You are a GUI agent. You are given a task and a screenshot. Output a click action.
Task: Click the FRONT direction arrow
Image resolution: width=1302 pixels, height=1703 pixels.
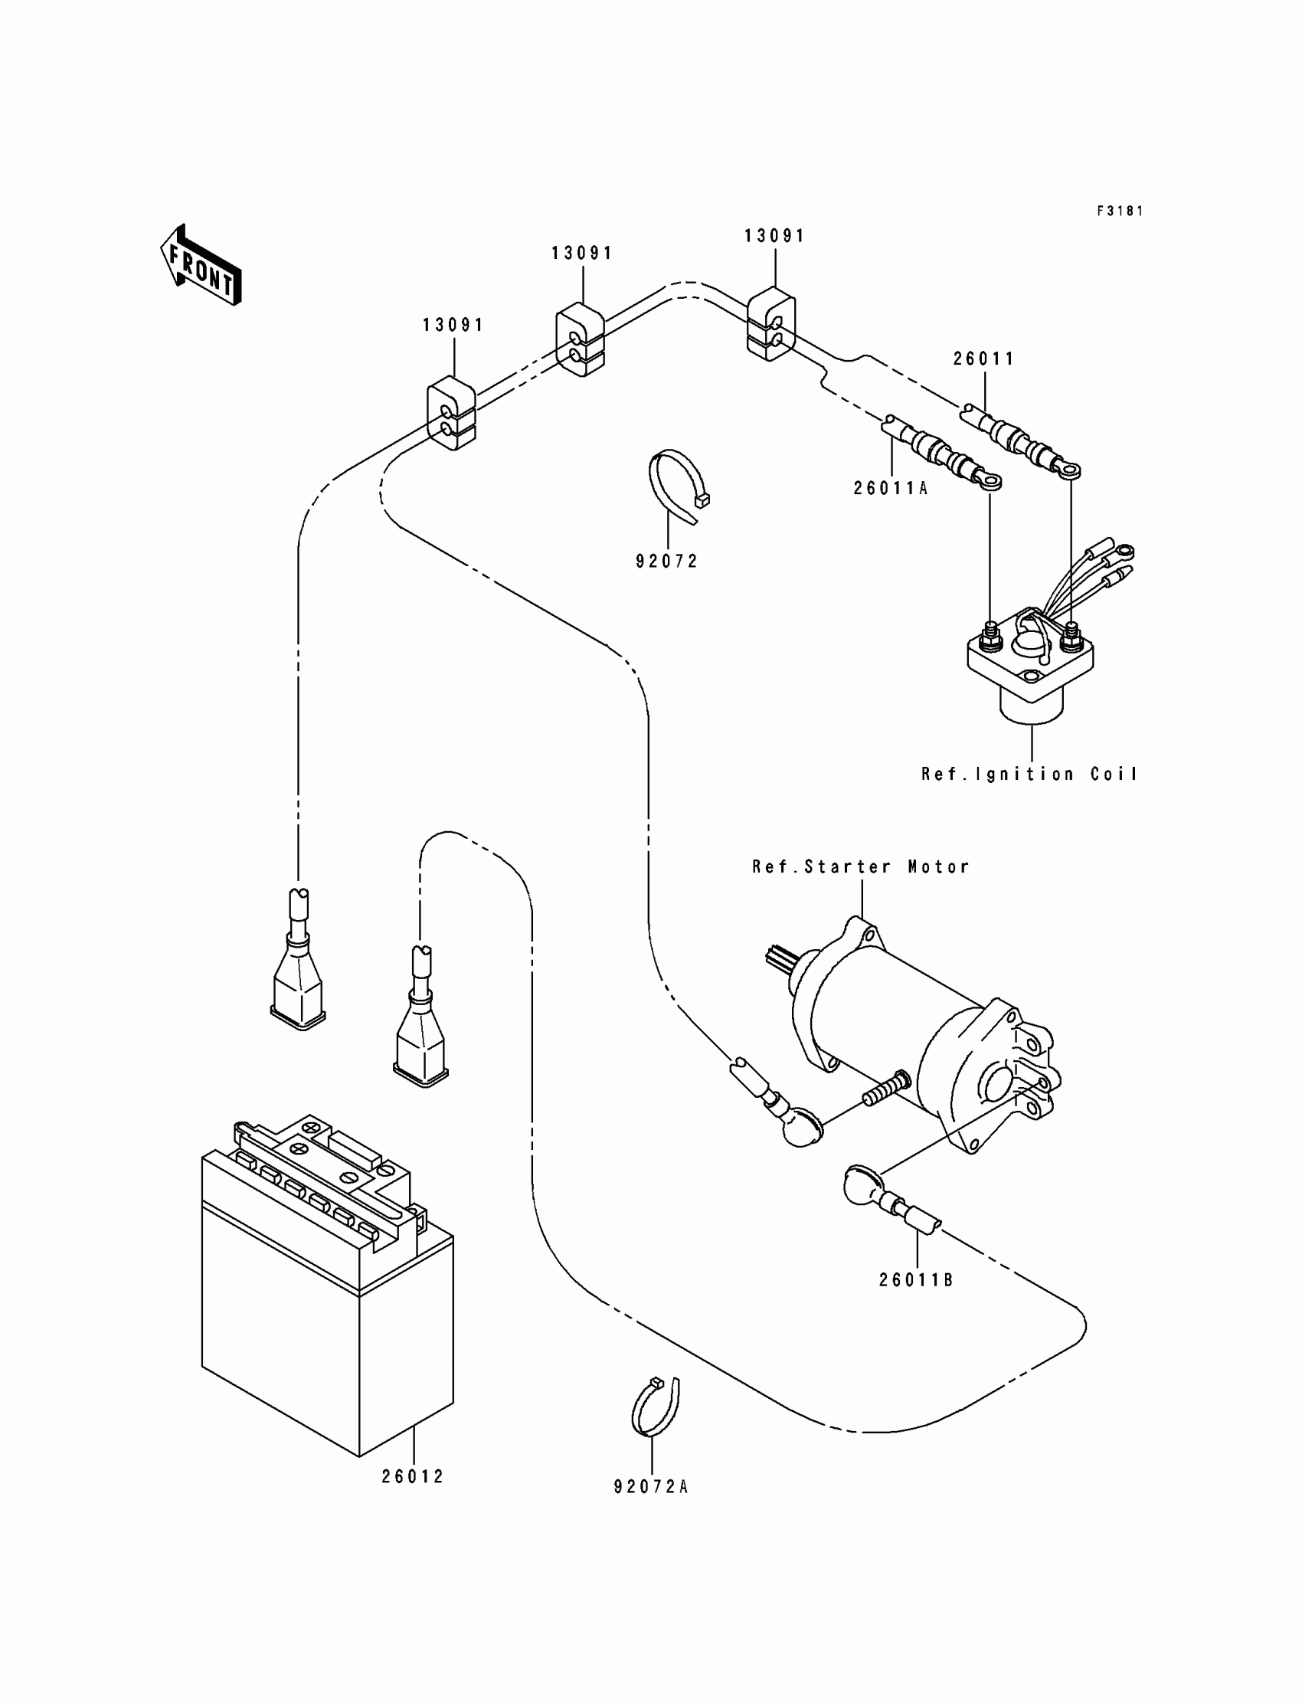201,265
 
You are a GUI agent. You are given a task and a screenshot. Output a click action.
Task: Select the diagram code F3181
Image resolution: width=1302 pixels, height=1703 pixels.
1120,211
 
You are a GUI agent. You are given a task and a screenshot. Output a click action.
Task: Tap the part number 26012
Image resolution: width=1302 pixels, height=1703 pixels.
412,1478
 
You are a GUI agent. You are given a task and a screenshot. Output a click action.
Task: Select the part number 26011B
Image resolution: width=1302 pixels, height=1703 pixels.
916,1281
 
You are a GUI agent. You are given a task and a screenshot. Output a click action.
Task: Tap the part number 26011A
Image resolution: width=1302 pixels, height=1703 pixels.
891,488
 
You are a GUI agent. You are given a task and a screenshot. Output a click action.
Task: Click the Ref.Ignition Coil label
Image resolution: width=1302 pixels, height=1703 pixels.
1029,775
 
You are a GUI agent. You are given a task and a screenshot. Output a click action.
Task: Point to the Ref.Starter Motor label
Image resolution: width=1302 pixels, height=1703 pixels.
861,866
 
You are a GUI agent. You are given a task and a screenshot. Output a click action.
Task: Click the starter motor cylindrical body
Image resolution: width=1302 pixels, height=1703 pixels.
891,1007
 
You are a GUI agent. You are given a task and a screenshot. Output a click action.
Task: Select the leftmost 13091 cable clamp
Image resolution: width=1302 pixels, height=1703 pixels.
451,414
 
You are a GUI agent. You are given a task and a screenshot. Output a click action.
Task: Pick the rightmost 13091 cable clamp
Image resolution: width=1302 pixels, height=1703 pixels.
771,325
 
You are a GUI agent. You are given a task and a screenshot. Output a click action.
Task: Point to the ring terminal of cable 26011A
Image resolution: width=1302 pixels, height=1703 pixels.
989,483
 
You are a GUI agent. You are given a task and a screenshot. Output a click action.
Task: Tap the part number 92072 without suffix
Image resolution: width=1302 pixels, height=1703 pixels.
666,562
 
